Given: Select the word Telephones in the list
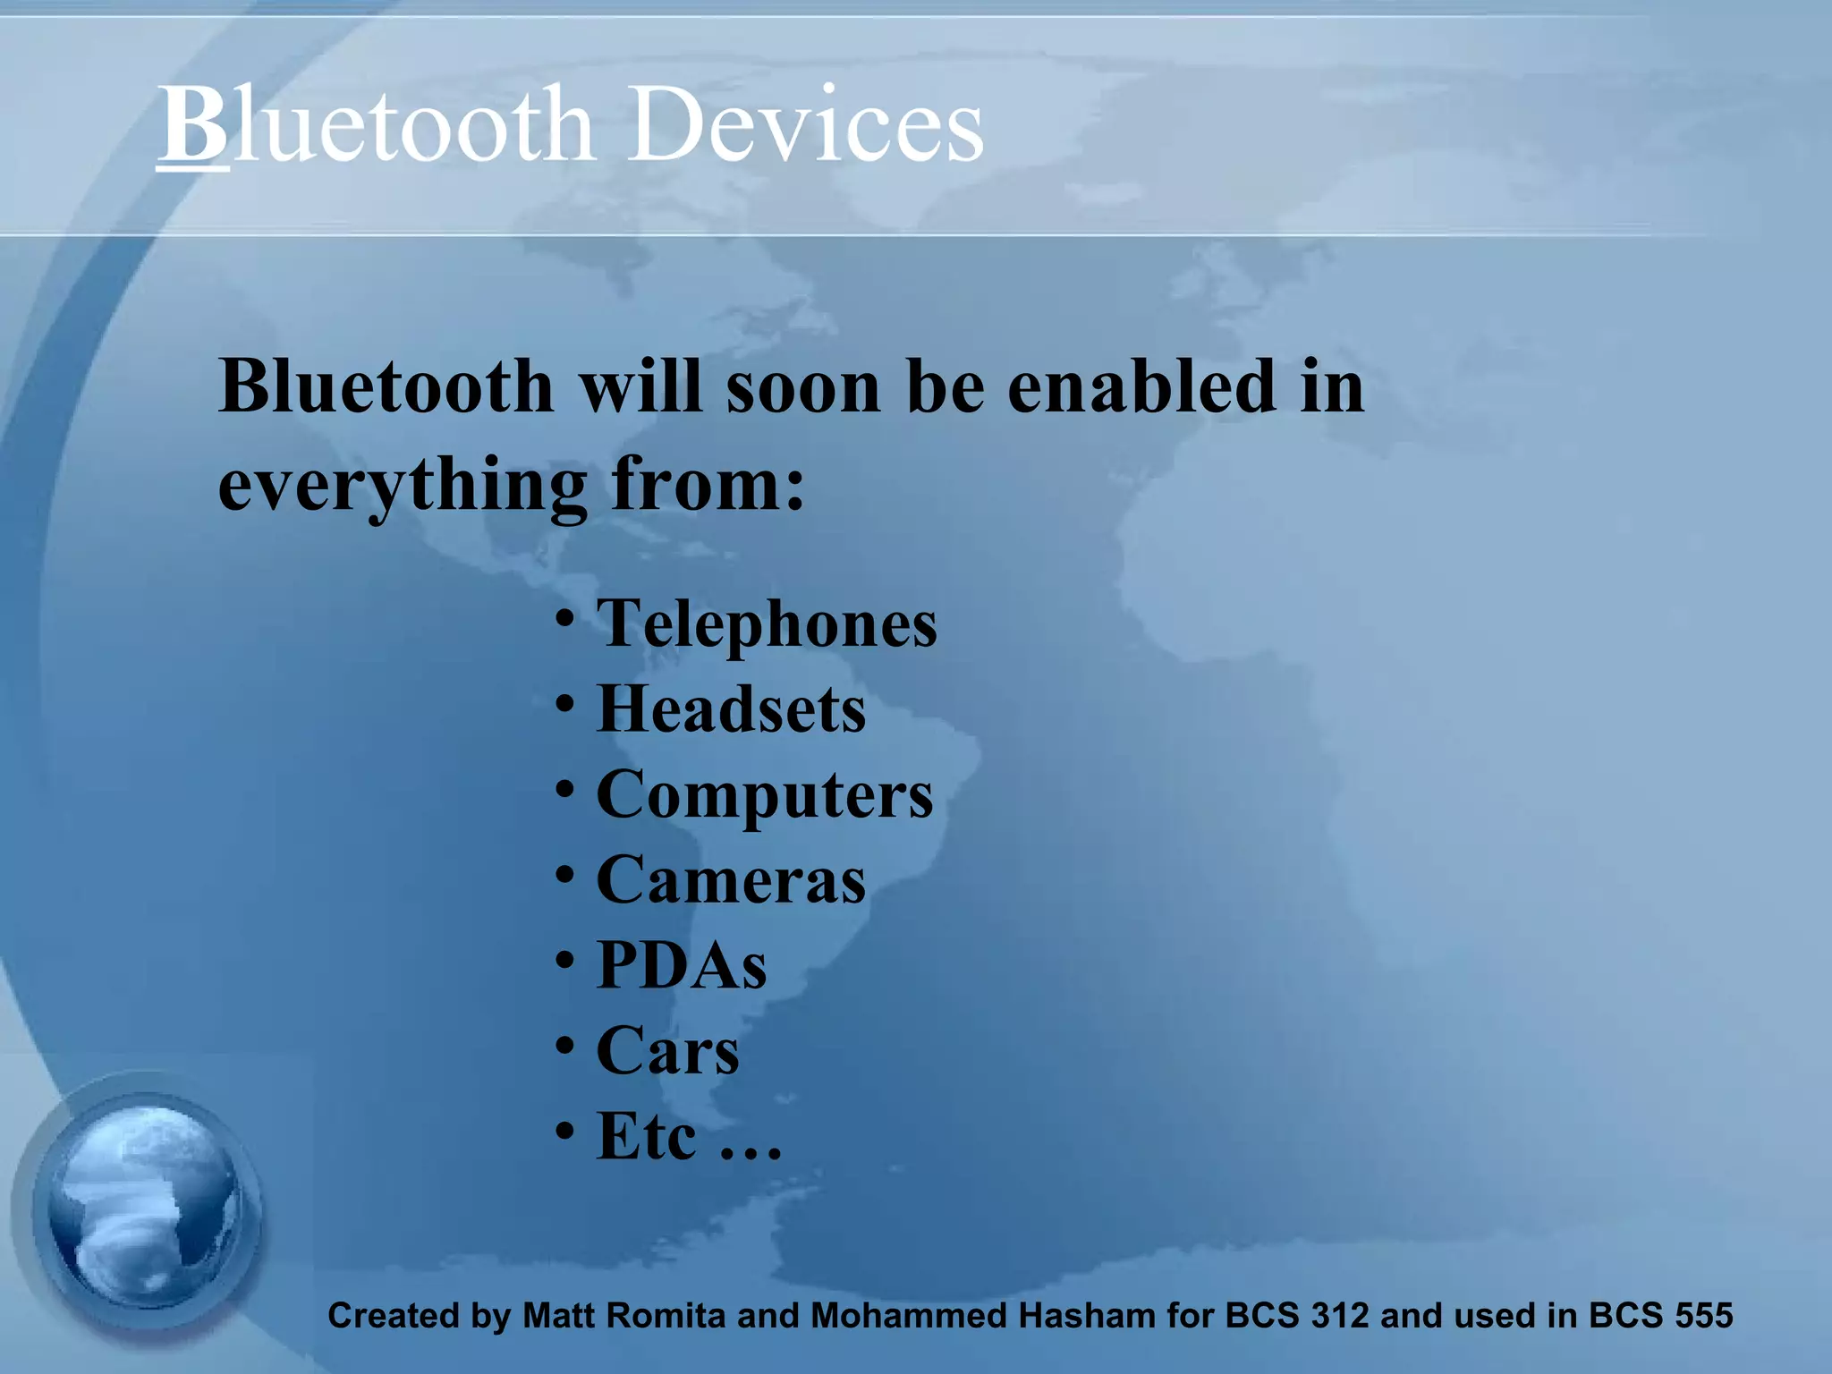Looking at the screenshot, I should coord(767,623).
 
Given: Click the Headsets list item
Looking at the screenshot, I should coord(731,709).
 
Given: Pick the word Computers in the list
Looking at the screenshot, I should coord(764,795).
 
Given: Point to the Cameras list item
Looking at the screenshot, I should coord(731,880).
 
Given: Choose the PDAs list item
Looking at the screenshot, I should coord(682,965).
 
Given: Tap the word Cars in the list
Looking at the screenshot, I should coord(667,1050).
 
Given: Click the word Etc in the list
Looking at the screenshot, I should coord(646,1136).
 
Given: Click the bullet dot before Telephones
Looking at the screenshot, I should coord(564,618).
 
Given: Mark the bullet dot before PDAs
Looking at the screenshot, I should coord(564,960).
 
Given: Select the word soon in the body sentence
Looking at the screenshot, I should coord(803,386).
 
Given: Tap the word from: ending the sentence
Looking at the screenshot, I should coord(708,484).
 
